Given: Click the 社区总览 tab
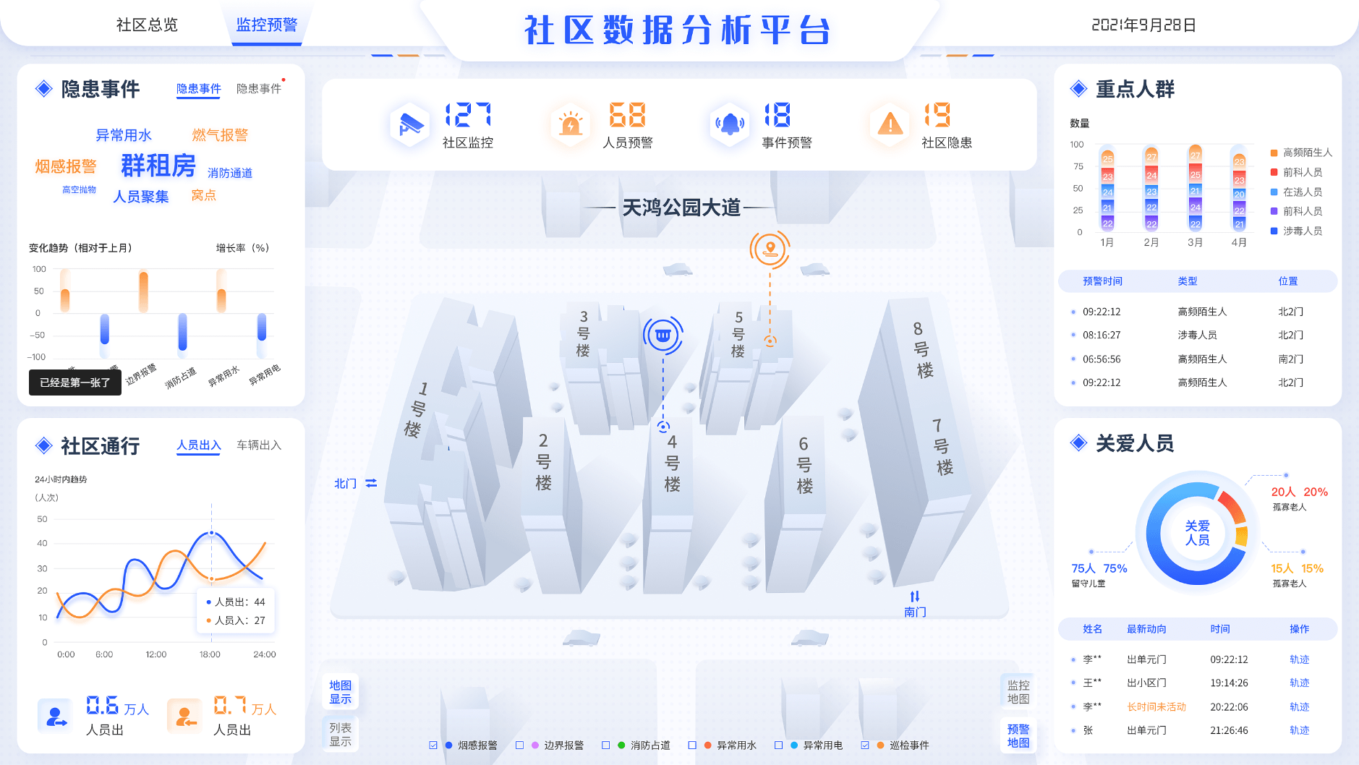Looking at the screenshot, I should click(147, 25).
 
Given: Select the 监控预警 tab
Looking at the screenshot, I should click(266, 25).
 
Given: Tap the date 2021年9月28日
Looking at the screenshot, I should click(1143, 25).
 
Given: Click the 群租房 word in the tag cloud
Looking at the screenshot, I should click(158, 166).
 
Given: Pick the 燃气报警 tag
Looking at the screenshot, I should click(220, 135).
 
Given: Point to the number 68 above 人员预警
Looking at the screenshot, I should click(627, 115).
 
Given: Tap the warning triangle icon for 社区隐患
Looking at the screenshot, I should click(890, 124).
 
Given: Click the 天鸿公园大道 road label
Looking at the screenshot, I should click(681, 208).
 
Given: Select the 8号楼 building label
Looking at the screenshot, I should click(921, 350).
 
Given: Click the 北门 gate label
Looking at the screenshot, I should click(346, 483).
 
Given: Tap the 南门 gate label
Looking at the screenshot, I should click(915, 612).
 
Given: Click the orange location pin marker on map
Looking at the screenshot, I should click(770, 249).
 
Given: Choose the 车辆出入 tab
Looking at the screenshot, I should click(259, 445).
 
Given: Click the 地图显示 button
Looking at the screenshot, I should click(341, 692).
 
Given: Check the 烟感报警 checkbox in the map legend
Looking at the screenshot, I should click(433, 745).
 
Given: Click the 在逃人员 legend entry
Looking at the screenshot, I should click(1302, 192).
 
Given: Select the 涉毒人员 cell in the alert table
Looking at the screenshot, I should click(1197, 335).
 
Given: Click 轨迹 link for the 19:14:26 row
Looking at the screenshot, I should click(1299, 683).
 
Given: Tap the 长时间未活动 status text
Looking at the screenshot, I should click(1156, 706).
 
